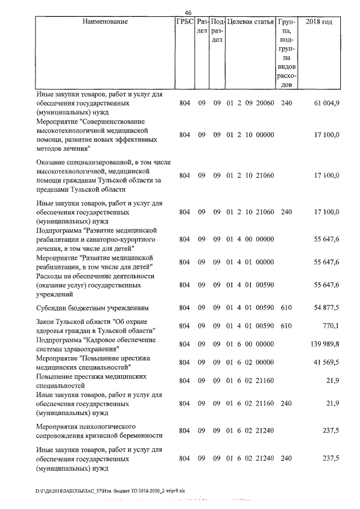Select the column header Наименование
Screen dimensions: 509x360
pos(105,22)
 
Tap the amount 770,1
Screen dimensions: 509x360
pos(330,326)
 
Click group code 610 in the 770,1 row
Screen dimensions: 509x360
pos(286,326)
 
